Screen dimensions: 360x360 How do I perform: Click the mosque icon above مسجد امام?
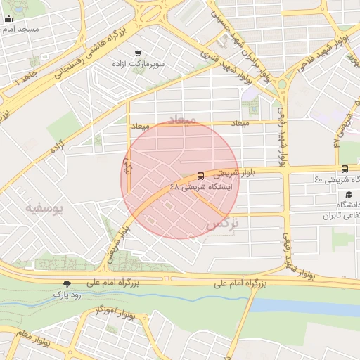point(8,18)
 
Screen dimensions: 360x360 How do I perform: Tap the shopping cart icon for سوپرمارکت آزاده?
point(137,53)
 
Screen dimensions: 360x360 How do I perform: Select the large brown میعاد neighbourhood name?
point(181,120)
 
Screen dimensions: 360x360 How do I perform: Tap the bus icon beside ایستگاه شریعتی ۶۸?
point(201,176)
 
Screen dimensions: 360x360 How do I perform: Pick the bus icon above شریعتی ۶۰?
point(345,169)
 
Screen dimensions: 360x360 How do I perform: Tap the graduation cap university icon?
point(347,195)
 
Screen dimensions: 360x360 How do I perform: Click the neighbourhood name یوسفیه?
point(44,208)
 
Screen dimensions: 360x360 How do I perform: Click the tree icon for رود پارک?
point(67,284)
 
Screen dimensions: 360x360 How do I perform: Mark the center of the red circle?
point(180,179)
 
